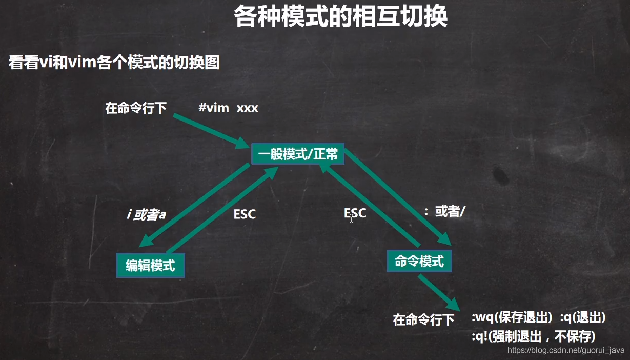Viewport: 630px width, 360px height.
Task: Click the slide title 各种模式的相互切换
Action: point(340,17)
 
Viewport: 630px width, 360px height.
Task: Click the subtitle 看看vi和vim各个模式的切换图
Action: point(114,63)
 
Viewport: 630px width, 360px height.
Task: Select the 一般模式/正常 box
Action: point(297,153)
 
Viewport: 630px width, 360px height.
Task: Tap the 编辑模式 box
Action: point(150,265)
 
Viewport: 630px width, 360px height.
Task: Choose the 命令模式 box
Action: point(419,261)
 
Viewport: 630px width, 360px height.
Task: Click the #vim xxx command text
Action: point(228,108)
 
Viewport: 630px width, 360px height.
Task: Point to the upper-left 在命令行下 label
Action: point(136,108)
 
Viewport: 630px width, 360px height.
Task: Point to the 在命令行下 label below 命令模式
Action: point(423,320)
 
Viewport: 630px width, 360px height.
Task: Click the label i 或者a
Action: point(146,214)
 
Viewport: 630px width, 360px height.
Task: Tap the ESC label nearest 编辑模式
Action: point(245,214)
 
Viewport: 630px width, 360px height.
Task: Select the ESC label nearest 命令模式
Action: point(355,212)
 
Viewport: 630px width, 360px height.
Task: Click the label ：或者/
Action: point(444,212)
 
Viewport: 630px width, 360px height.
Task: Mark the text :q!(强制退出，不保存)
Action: point(533,336)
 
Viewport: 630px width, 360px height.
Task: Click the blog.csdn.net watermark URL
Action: point(566,350)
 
